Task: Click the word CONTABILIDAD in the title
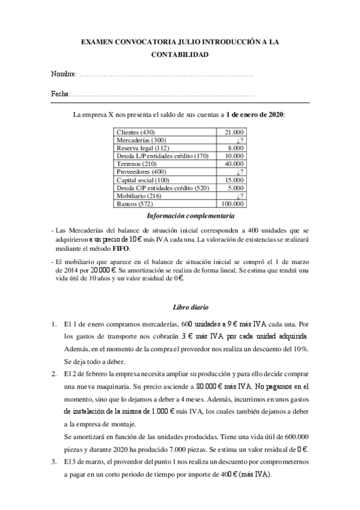point(180,55)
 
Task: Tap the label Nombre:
point(64,75)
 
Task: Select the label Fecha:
point(61,94)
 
